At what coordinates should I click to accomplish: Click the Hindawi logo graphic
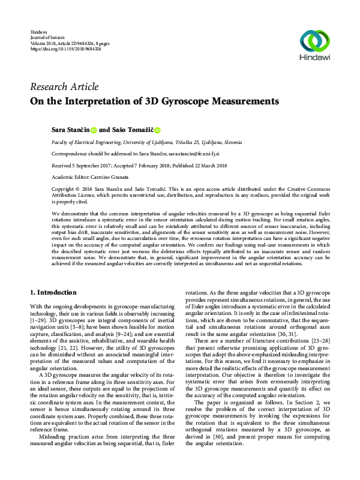click(x=315, y=41)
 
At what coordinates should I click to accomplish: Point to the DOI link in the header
click(x=65, y=49)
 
